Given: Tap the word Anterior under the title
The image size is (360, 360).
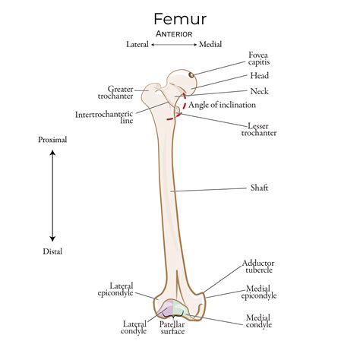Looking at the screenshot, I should click(x=174, y=34).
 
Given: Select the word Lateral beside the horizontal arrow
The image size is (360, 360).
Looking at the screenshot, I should click(x=137, y=45).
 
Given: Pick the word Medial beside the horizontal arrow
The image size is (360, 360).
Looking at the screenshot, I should click(x=210, y=45).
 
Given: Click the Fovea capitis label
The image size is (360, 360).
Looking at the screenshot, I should click(x=259, y=59).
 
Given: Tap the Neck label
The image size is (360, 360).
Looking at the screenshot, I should click(x=259, y=91).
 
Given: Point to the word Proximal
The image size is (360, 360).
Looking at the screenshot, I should click(x=53, y=141).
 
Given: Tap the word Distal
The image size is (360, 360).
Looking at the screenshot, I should click(x=53, y=251).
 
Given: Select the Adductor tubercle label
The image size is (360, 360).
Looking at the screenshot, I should click(x=258, y=266).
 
